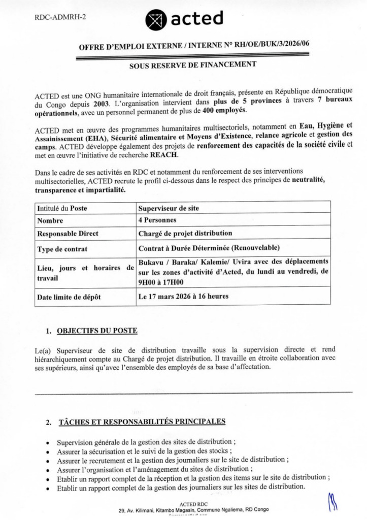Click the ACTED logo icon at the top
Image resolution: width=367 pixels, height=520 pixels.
point(155,20)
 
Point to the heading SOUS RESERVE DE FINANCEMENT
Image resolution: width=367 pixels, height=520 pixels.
point(193,64)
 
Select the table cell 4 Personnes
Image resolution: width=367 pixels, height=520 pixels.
point(158,220)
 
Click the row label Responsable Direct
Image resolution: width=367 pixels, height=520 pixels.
point(68,234)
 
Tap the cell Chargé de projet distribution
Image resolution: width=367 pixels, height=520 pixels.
point(186,234)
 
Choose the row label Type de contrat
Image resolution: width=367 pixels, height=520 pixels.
point(62,249)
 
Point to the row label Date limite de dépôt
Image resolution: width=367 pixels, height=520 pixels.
point(69,297)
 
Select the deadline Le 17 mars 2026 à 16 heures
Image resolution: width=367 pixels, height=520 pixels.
point(183,296)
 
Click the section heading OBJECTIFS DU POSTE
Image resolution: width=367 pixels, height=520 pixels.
point(97,331)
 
